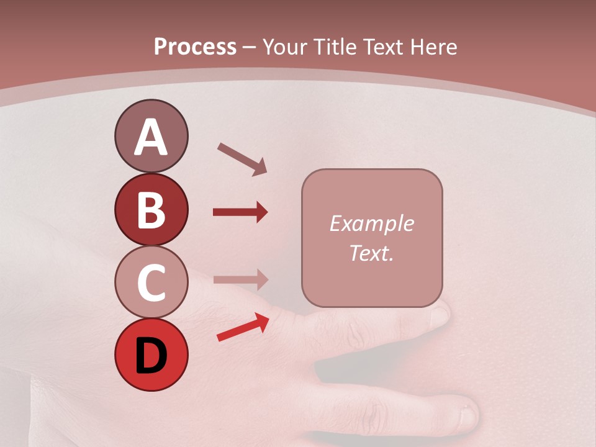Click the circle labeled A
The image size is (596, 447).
(x=151, y=136)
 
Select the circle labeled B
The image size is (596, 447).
(x=151, y=209)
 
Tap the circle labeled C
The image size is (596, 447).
(x=151, y=282)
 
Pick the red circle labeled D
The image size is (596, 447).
(x=151, y=355)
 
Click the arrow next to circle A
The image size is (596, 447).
(x=242, y=159)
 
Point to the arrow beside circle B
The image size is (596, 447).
(x=240, y=212)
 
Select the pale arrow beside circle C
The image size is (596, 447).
(x=240, y=279)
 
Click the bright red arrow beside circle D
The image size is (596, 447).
(x=243, y=327)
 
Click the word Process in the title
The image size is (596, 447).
(x=195, y=47)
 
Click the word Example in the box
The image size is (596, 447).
(x=371, y=223)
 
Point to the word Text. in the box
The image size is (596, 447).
(x=371, y=253)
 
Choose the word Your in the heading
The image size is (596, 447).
(x=286, y=47)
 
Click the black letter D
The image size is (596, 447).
(x=151, y=355)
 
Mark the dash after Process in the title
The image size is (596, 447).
(x=250, y=48)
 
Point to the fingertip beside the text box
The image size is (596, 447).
(x=440, y=315)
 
